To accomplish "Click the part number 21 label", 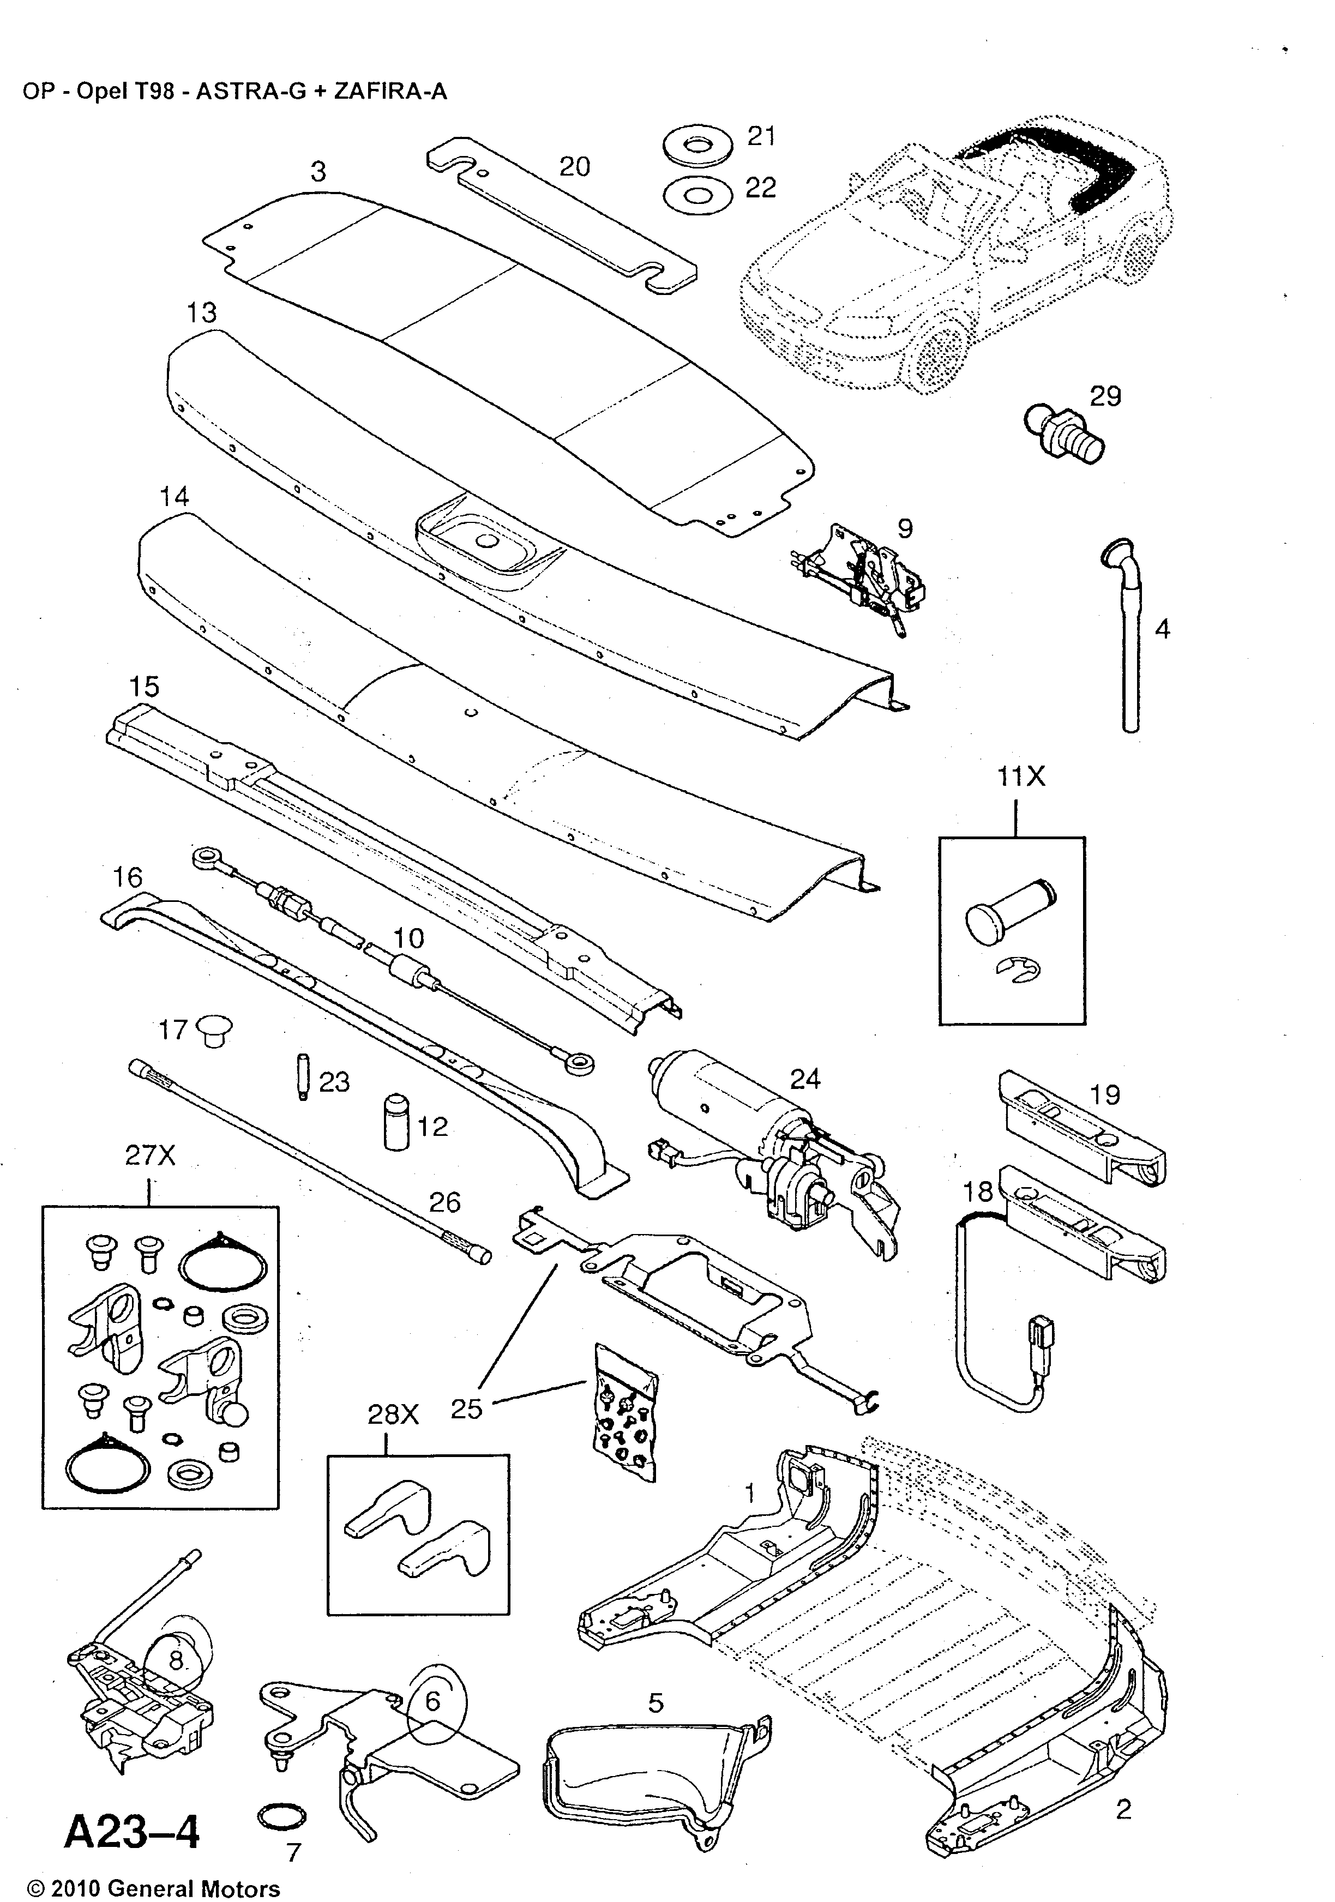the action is point(761,136).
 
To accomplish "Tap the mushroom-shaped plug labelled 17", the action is point(214,1031).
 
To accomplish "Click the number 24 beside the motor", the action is point(804,1079).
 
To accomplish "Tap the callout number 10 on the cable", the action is point(408,938).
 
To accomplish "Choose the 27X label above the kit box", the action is point(150,1155).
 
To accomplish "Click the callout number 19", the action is point(1105,1095).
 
